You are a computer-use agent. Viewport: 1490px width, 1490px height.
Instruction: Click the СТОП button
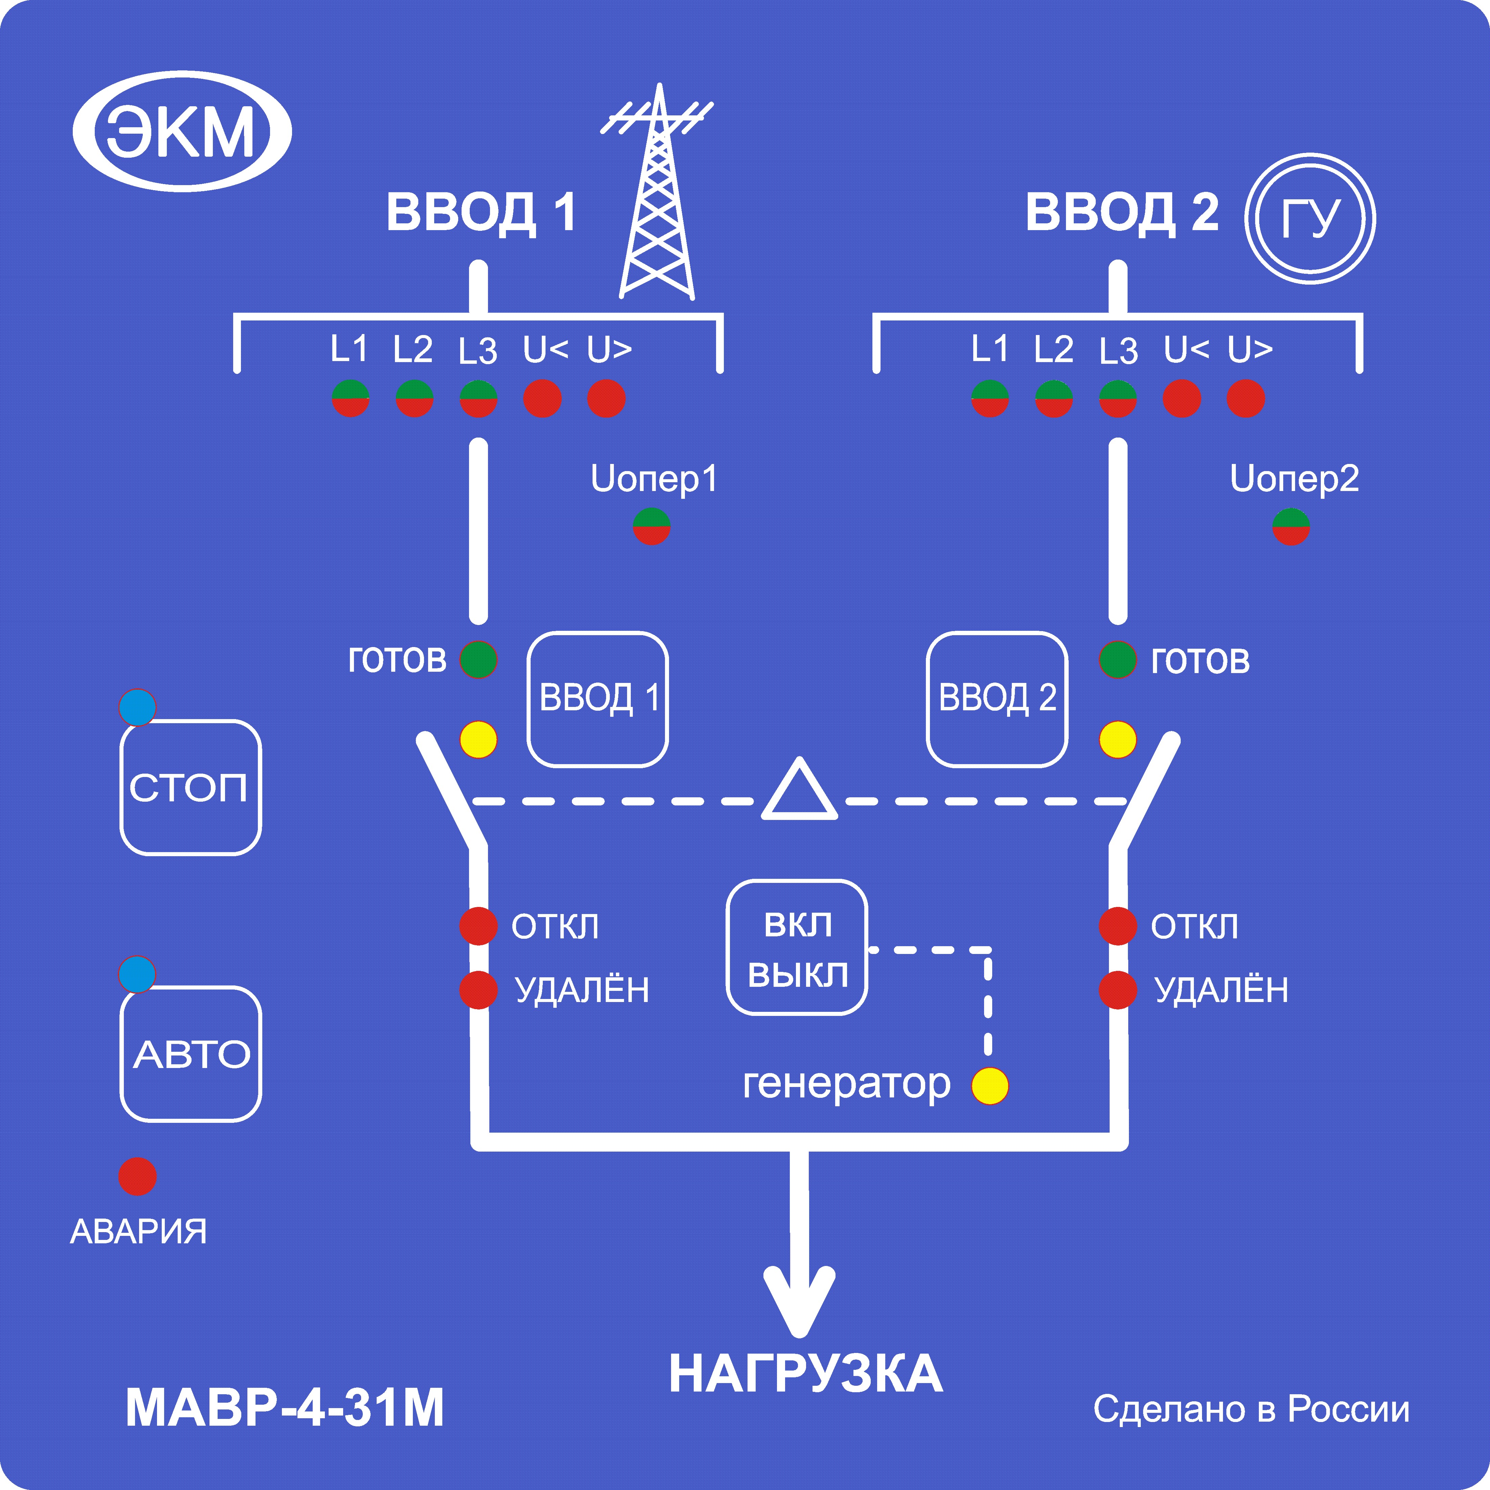tap(191, 787)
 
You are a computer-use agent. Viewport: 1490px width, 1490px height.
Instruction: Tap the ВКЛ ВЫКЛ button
tap(797, 947)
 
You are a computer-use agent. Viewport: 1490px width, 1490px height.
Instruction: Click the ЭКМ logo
tap(182, 131)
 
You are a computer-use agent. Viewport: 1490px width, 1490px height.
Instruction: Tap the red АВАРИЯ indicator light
tap(137, 1176)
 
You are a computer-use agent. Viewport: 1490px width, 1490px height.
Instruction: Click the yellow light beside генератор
tap(989, 1086)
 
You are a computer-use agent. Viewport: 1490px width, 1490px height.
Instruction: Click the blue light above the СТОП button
tap(137, 707)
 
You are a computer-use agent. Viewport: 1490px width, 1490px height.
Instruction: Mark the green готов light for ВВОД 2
tap(1117, 660)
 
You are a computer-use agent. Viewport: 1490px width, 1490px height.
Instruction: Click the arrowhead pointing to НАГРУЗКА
tap(799, 1303)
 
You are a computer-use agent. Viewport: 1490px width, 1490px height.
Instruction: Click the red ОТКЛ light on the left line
tap(478, 926)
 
